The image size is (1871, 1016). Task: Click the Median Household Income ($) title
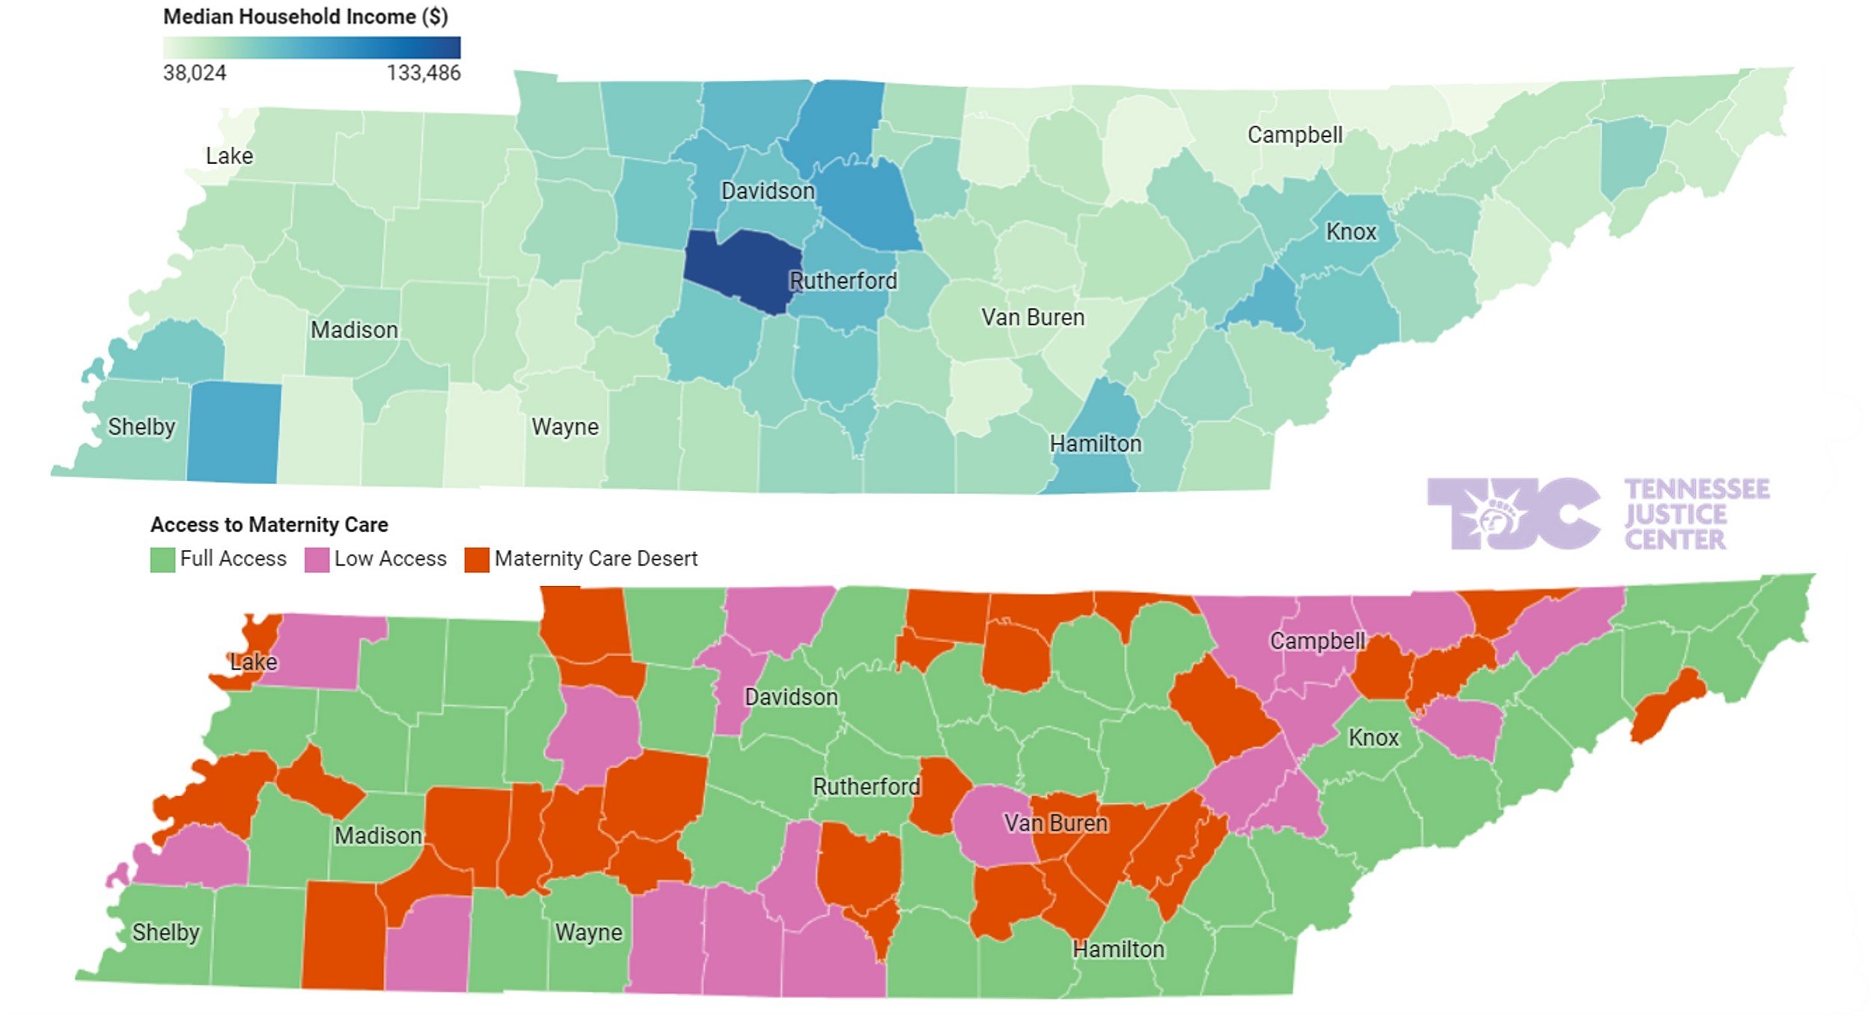[305, 16]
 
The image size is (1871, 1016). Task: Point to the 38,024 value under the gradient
[195, 73]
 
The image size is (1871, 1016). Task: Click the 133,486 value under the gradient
[424, 73]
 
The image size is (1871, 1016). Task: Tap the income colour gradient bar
[311, 48]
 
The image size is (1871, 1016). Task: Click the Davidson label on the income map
[768, 191]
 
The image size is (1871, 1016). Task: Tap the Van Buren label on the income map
[1033, 317]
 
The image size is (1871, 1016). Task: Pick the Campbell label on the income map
[1295, 135]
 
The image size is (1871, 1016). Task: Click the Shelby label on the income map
[141, 426]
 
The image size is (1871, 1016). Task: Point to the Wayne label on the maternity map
[588, 932]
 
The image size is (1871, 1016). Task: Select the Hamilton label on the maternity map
[1118, 949]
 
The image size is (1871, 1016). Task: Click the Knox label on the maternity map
[1373, 738]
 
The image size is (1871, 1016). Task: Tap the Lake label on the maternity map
[254, 661]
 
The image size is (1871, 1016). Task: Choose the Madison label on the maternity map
[378, 836]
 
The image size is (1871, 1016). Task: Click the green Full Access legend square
[162, 560]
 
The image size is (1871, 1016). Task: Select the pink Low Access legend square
[317, 560]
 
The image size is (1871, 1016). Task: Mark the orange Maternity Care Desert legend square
[477, 560]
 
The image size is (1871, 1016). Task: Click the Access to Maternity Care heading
[269, 524]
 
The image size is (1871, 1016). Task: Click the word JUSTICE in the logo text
[1676, 515]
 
